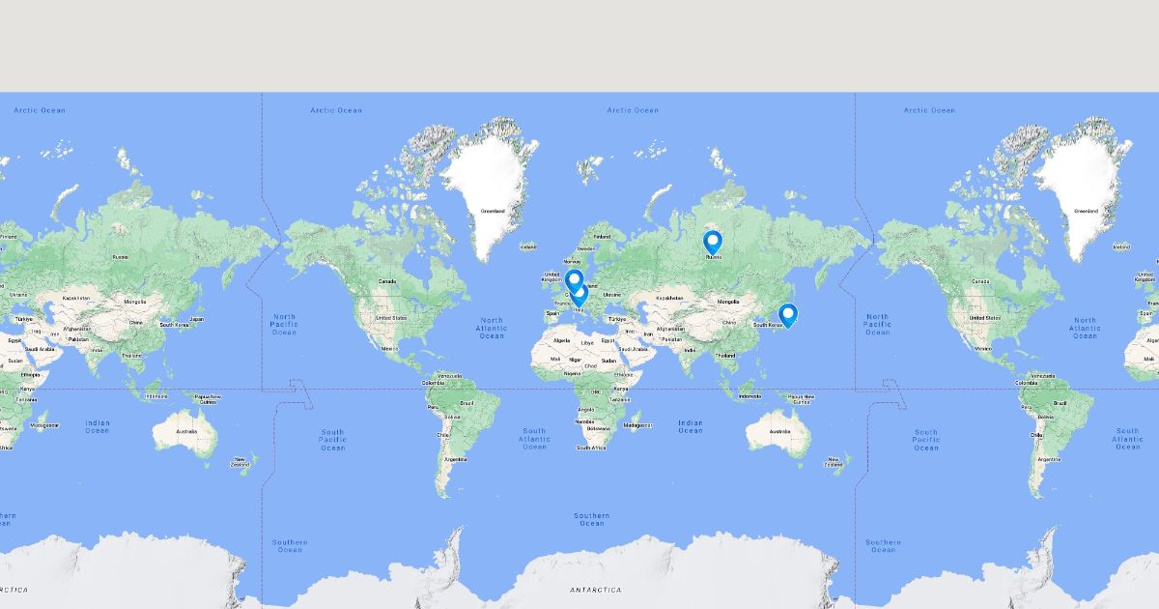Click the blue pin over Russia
coord(713,242)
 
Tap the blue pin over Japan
coord(788,314)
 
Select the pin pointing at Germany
coord(574,280)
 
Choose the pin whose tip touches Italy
coord(579,295)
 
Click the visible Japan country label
coord(196,319)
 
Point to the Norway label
coord(572,260)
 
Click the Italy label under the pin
coord(579,310)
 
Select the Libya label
coord(587,342)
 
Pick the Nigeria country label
coord(572,372)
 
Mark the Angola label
coord(585,409)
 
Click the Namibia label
coord(584,421)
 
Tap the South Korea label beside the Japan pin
coord(767,325)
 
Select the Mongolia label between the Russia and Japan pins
coord(728,303)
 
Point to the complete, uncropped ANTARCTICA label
coord(595,590)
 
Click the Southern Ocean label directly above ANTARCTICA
coord(592,519)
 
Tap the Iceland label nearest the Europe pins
coord(528,246)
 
